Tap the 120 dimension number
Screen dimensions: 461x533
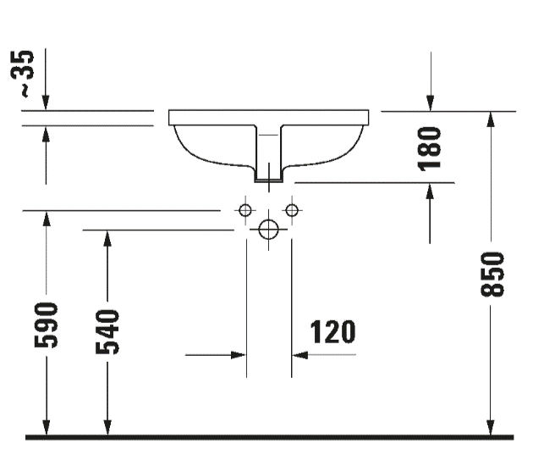(332, 331)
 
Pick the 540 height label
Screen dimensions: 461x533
(108, 331)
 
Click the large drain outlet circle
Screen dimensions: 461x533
(269, 230)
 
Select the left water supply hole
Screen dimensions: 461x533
(245, 209)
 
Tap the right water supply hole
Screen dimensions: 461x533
(292, 209)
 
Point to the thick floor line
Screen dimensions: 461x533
(269, 437)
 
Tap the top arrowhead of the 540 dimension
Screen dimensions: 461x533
(107, 238)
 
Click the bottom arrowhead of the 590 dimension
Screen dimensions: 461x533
(47, 428)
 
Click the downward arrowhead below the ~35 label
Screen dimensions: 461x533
(47, 101)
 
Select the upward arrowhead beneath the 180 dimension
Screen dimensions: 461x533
(431, 191)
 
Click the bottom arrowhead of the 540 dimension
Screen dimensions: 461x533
(107, 428)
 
